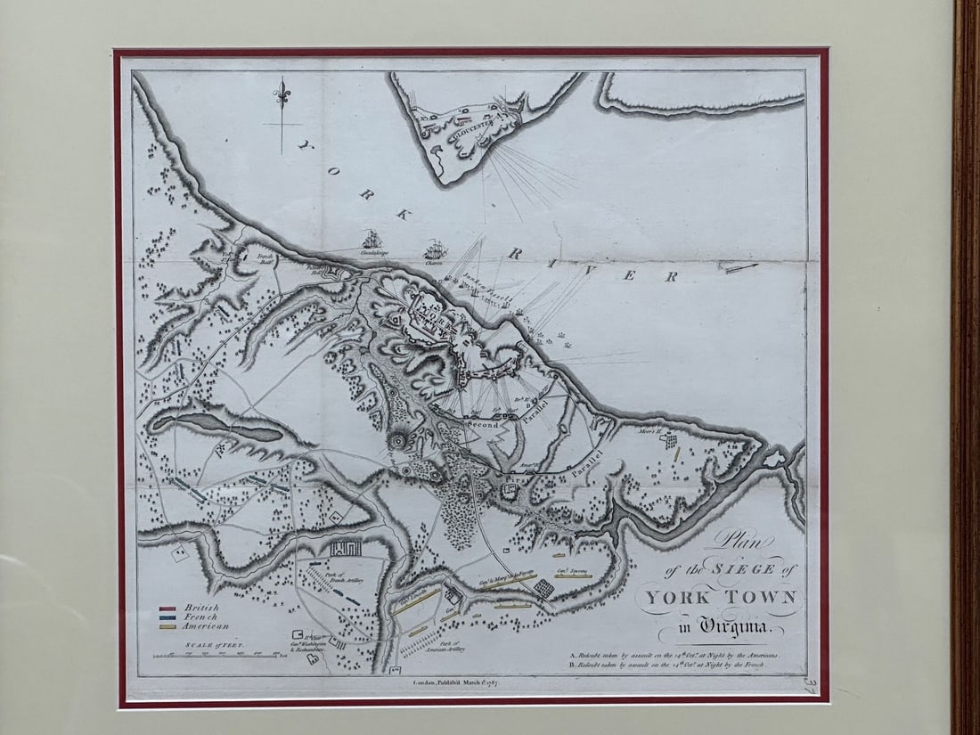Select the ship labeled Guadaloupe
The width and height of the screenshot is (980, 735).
pyautogui.click(x=371, y=240)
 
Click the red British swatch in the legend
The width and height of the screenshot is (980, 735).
pyautogui.click(x=167, y=608)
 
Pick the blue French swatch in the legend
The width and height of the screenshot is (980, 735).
pyautogui.click(x=167, y=617)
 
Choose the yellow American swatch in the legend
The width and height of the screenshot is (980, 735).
pyautogui.click(x=167, y=626)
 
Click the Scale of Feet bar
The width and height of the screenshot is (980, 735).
pyautogui.click(x=215, y=657)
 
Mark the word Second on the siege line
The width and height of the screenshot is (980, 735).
pyautogui.click(x=482, y=426)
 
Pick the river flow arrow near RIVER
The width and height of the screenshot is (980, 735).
pyautogui.click(x=740, y=267)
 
